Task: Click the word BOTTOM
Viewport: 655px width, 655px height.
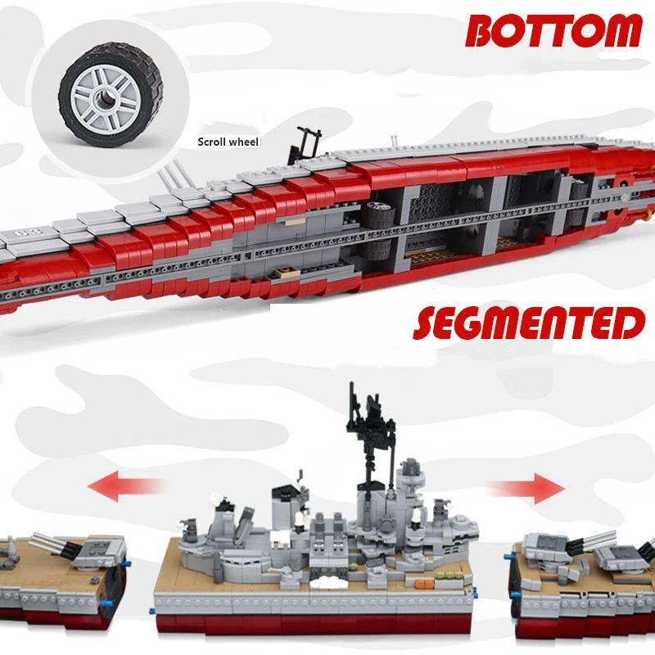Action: click(x=553, y=31)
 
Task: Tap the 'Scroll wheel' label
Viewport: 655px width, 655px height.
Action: click(x=228, y=142)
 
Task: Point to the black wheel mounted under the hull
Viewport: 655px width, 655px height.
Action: click(x=378, y=216)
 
